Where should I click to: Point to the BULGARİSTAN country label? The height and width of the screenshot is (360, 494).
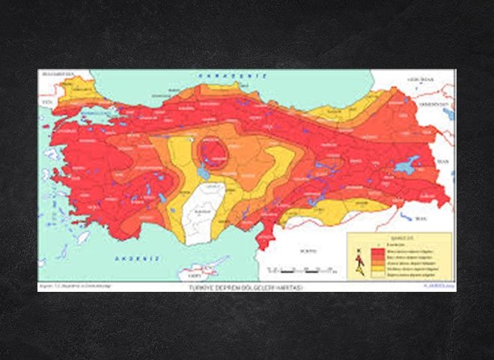pos(56,75)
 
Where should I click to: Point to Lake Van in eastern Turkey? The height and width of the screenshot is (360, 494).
pos(407,165)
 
